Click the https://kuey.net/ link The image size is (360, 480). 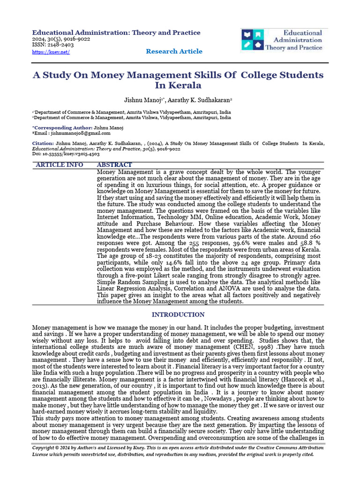[51, 52]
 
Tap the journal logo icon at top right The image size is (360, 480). [253, 40]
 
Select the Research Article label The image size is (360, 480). [174, 51]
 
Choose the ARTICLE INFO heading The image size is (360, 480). [60, 165]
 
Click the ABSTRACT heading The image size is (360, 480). [114, 165]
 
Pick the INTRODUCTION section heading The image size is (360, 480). [178, 315]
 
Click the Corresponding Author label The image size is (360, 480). [62, 127]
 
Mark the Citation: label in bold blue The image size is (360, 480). [43, 143]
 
